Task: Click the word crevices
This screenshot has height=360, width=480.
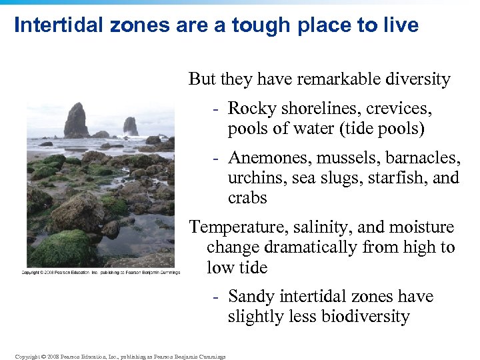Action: pyautogui.click(x=399, y=108)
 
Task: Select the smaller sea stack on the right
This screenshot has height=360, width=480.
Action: pyautogui.click(x=130, y=126)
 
